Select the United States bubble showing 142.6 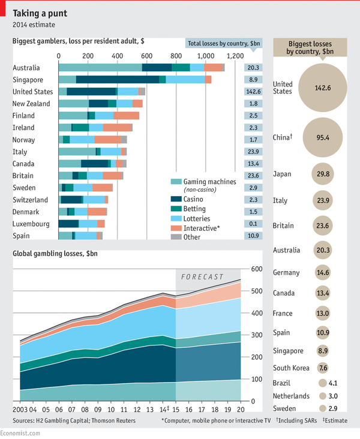pyautogui.click(x=323, y=88)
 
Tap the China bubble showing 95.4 pyautogui.click(x=323, y=137)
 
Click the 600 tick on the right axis pyautogui.click(x=257, y=269)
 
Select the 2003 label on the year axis pyautogui.click(x=21, y=408)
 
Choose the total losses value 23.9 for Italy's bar pyautogui.click(x=252, y=152)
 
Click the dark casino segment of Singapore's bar pyautogui.click(x=117, y=79)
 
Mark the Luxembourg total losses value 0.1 pyautogui.click(x=253, y=224)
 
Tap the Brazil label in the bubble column pyautogui.click(x=282, y=383)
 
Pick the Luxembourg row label pyautogui.click(x=31, y=224)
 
